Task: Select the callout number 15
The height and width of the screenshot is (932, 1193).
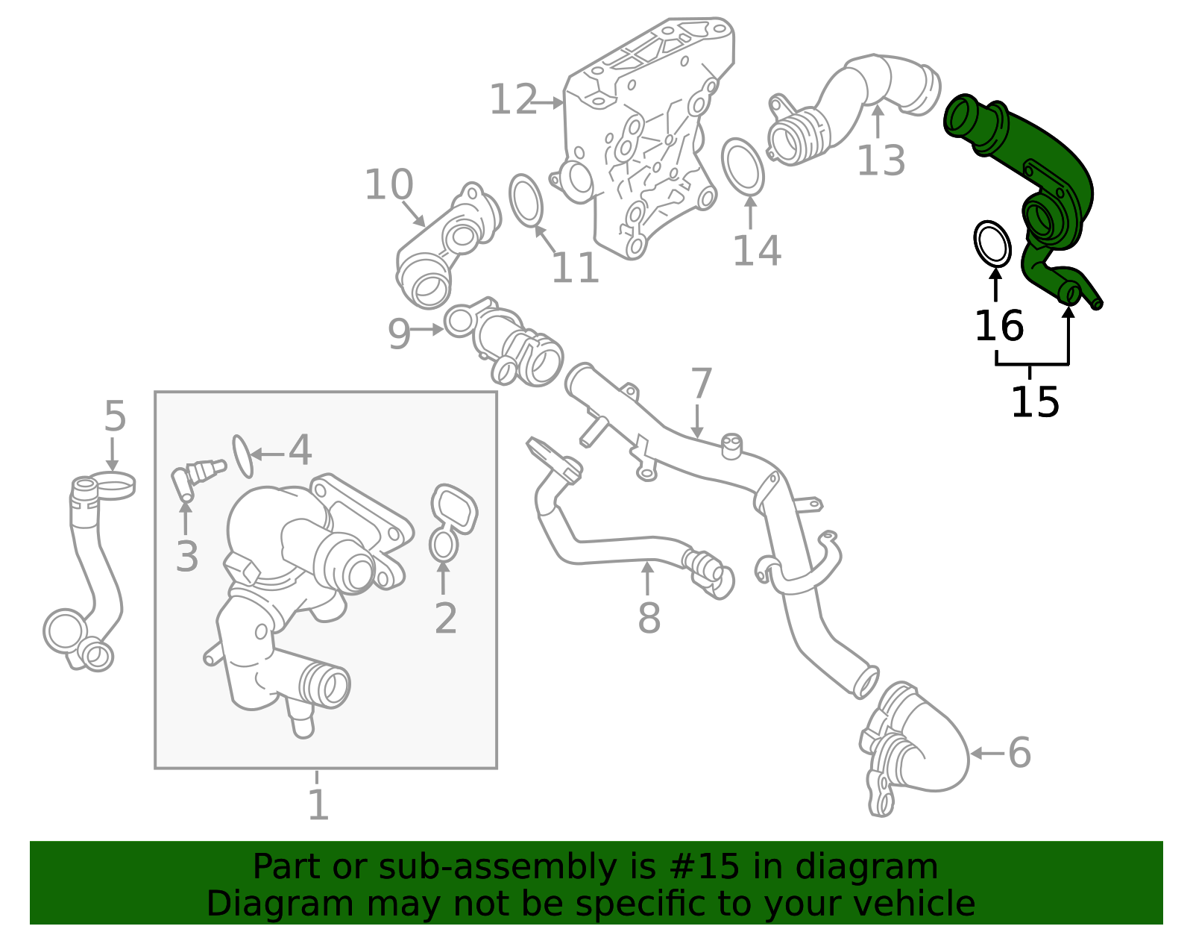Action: click(1034, 402)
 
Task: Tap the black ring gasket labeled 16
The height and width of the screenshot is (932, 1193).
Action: click(992, 243)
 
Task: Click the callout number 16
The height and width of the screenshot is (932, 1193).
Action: click(999, 327)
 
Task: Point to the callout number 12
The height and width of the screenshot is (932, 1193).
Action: click(513, 100)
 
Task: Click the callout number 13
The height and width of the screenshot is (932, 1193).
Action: click(881, 160)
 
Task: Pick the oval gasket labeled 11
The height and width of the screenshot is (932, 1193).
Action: click(526, 199)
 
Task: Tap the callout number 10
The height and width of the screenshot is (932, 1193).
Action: click(388, 184)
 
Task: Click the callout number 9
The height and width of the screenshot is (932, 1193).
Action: click(399, 334)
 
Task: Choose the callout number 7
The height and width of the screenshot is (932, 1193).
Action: click(702, 384)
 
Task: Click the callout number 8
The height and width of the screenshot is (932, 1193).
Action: click(649, 618)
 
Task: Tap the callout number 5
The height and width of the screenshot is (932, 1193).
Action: click(115, 416)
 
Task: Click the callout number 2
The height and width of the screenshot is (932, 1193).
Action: click(445, 618)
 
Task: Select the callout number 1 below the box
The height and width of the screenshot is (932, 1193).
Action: click(318, 805)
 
